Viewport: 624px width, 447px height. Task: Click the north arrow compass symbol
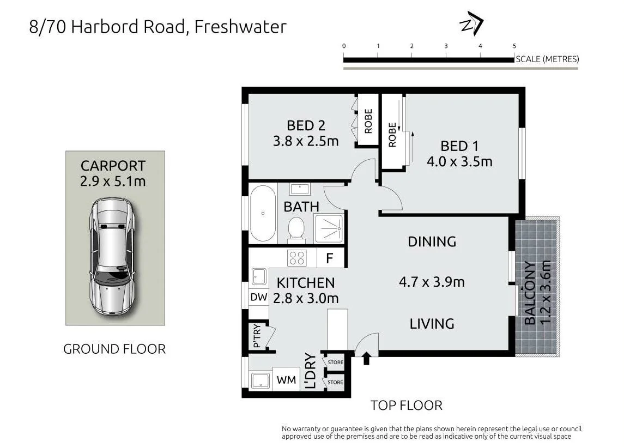[x=471, y=23]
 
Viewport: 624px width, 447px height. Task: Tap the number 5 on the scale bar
[x=514, y=46]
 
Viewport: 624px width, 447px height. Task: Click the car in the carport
[x=112, y=256]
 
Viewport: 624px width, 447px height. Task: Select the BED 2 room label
[x=306, y=125]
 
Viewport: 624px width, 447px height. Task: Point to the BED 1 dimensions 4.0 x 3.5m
[x=459, y=161]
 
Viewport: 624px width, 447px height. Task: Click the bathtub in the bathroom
[x=263, y=213]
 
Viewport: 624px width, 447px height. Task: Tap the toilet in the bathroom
[x=296, y=229]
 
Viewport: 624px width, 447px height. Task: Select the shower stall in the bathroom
[x=329, y=228]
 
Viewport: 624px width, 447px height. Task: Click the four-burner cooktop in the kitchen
[x=297, y=257]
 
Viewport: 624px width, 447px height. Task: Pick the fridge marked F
[x=330, y=258]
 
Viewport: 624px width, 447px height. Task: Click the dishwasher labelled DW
[x=259, y=297]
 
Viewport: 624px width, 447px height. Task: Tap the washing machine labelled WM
[x=286, y=380]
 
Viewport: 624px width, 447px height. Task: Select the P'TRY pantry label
[x=257, y=336]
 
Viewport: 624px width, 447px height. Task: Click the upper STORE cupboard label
[x=336, y=362]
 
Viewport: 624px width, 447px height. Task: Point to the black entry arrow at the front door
[x=367, y=358]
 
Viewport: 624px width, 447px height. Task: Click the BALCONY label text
[x=530, y=293]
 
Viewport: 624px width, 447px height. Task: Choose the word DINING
[x=432, y=241]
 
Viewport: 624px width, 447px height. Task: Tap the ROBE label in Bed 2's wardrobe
[x=368, y=121]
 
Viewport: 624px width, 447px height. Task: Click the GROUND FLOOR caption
[x=114, y=349]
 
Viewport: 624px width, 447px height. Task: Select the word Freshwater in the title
[x=240, y=27]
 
